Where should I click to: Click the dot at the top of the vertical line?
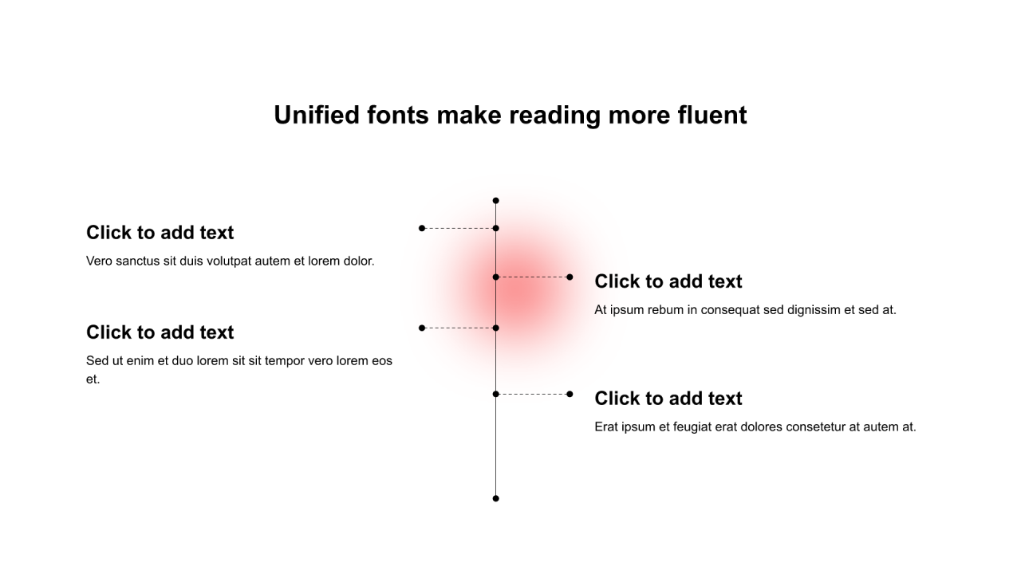[495, 201]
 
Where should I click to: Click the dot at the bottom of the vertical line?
[495, 498]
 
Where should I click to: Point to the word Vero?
[99, 261]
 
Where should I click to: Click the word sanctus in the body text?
[138, 261]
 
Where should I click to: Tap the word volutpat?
[229, 261]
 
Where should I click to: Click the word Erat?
[607, 427]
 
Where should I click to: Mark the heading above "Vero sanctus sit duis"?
[160, 233]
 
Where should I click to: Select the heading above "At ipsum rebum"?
[668, 281]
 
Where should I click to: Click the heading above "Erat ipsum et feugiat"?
[668, 399]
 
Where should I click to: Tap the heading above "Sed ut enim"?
[160, 332]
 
